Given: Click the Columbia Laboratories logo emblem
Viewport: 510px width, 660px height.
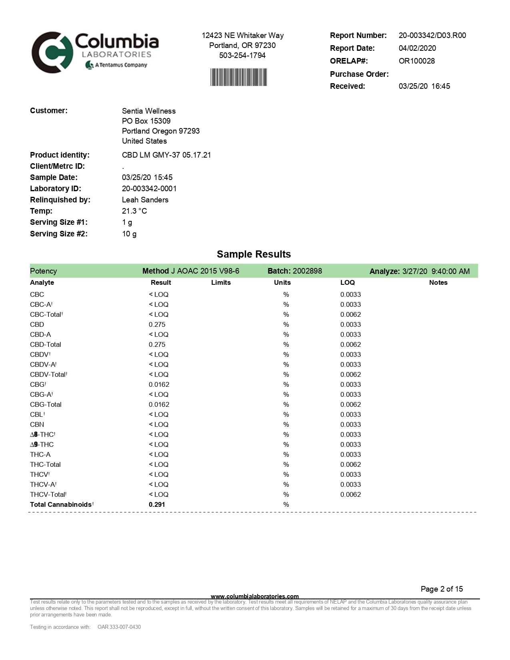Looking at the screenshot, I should pyautogui.click(x=52, y=52).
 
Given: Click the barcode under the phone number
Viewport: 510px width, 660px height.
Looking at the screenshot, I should pyautogui.click(x=238, y=77).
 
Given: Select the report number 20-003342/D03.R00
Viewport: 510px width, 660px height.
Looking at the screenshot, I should pyautogui.click(x=432, y=35).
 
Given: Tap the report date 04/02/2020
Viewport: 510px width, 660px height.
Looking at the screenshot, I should pyautogui.click(x=417, y=48).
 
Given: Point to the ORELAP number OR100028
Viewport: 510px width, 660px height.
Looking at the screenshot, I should pyautogui.click(x=416, y=61).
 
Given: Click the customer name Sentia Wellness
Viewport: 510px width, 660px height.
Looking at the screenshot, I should pyautogui.click(x=148, y=111).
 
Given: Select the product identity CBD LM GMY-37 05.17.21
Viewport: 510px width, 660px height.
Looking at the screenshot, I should pyautogui.click(x=166, y=155).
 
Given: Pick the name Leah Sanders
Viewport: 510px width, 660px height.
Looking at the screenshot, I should pyautogui.click(x=145, y=200).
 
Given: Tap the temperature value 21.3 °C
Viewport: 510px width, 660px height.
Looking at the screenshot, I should pyautogui.click(x=134, y=211).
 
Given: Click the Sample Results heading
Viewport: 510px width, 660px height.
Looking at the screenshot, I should pyautogui.click(x=254, y=254).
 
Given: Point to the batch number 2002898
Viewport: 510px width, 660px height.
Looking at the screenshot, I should pyautogui.click(x=308, y=271).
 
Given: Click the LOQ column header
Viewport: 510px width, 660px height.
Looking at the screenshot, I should pyautogui.click(x=347, y=282).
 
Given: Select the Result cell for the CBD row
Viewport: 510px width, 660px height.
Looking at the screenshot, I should pyautogui.click(x=157, y=324).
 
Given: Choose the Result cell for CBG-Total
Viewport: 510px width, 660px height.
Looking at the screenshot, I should pyautogui.click(x=159, y=404).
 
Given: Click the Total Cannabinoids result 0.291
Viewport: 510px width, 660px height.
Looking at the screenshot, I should pyautogui.click(x=157, y=504).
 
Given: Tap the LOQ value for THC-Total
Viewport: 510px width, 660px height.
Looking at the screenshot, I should pyautogui.click(x=350, y=464).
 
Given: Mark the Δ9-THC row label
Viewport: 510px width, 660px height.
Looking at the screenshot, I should pyautogui.click(x=42, y=444).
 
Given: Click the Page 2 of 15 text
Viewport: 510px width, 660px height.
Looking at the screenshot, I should pyautogui.click(x=442, y=589).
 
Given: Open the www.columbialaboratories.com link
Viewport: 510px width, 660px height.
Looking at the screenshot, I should pyautogui.click(x=254, y=596).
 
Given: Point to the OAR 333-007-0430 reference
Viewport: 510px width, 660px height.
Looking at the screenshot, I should pyautogui.click(x=119, y=627).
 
